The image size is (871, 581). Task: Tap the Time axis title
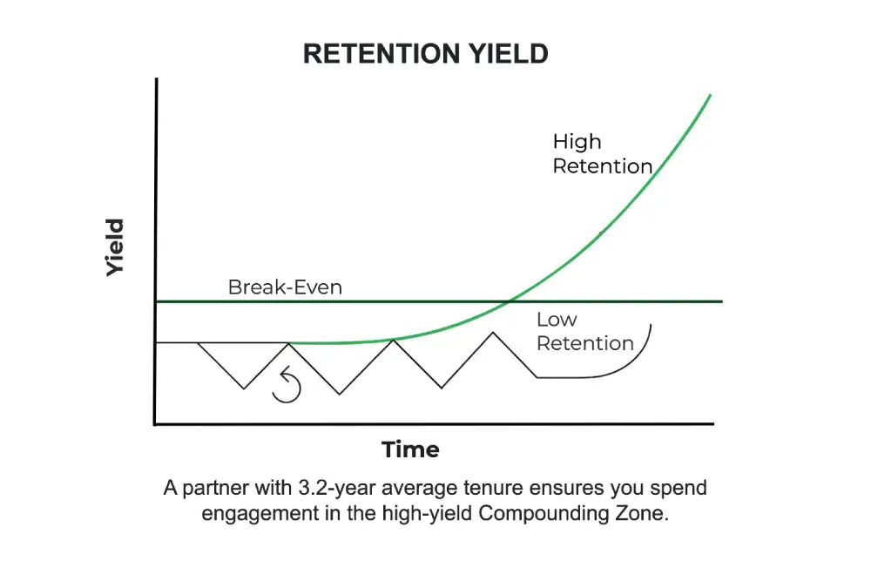410,449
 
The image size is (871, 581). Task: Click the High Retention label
602,153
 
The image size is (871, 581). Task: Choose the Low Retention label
584,332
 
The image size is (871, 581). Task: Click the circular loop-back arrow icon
287,387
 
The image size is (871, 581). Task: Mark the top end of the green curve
711,94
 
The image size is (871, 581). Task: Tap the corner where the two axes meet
155,424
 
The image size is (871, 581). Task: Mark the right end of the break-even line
722,301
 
